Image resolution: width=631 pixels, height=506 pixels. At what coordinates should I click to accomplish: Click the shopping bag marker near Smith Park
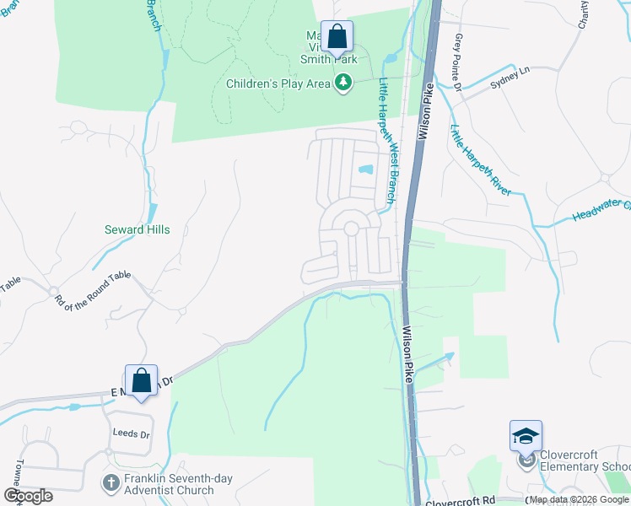point(337,37)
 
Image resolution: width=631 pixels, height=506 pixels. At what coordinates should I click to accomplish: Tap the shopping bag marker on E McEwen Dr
point(141,380)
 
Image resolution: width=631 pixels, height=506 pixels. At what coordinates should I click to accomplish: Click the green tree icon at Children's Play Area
point(342,83)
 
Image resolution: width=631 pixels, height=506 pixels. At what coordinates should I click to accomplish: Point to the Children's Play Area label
point(278,83)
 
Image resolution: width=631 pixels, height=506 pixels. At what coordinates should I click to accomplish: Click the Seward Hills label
point(137,229)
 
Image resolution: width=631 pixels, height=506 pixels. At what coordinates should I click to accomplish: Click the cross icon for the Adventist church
point(109,483)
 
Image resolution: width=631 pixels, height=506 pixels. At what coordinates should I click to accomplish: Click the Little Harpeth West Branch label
point(386,140)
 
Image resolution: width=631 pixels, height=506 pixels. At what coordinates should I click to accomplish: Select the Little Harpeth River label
point(480,160)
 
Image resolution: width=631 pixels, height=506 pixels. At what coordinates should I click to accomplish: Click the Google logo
point(28,496)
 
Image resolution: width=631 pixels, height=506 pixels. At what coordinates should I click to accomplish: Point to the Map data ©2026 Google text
point(579,500)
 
